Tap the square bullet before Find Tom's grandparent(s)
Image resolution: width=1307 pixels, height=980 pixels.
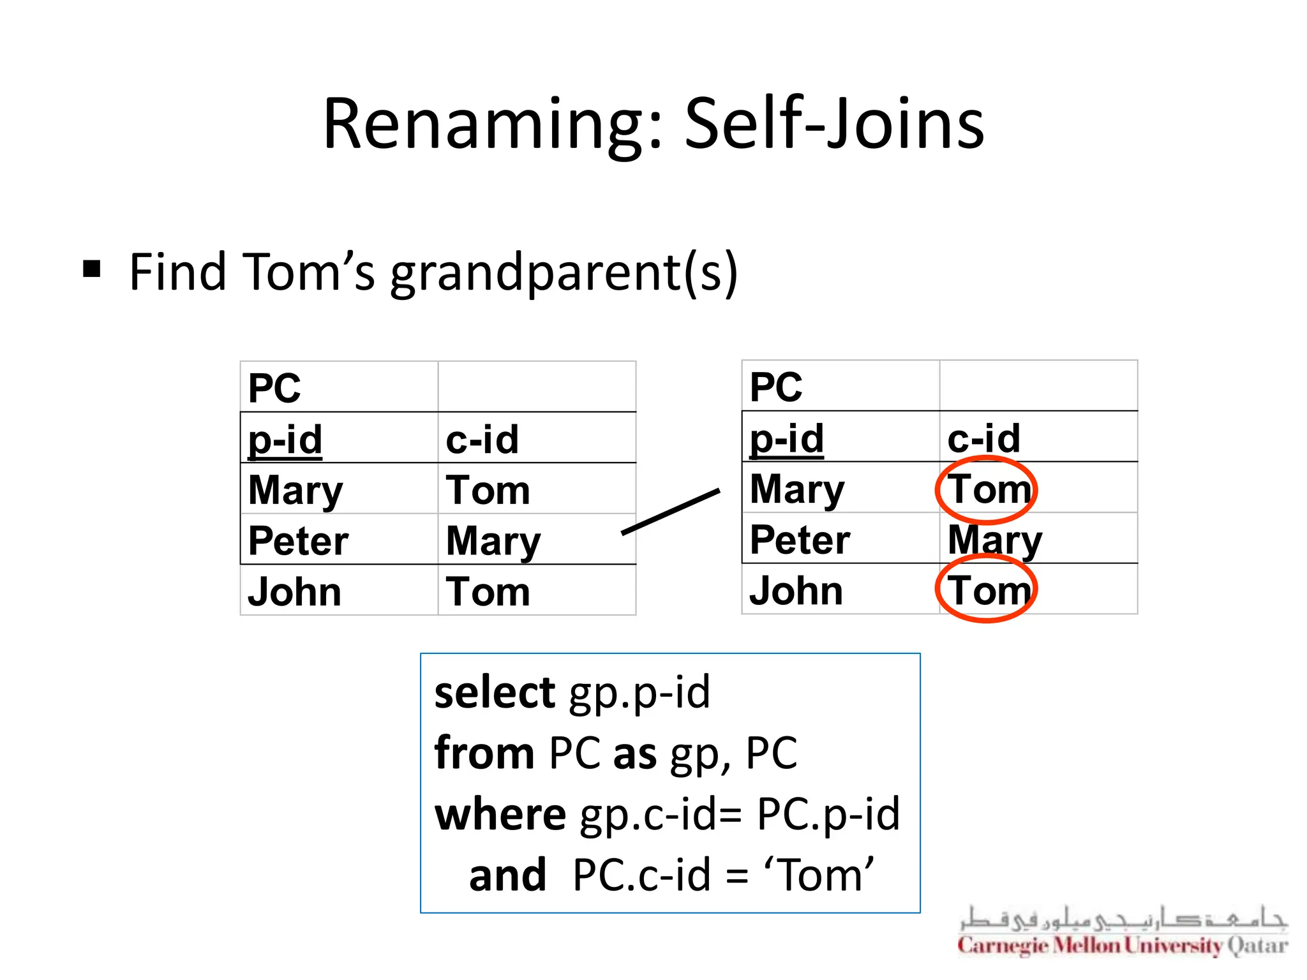93,269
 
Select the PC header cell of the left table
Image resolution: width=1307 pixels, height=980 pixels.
274,388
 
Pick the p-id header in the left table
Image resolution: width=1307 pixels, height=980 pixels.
285,440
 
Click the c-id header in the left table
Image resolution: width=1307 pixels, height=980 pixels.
482,440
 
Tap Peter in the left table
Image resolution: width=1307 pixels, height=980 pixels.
298,541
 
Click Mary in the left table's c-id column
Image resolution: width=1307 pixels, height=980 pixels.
493,541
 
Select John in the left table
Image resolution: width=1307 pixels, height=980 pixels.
294,591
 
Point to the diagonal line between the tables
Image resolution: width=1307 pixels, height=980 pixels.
671,511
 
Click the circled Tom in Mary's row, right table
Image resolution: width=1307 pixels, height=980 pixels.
987,489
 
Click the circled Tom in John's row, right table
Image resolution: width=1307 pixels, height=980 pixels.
987,590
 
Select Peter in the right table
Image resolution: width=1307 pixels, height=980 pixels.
800,540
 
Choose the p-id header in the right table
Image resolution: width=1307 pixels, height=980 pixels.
787,438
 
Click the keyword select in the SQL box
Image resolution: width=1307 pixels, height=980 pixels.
495,692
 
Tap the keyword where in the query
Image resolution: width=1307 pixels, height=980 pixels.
500,814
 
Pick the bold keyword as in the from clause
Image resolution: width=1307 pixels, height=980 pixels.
634,754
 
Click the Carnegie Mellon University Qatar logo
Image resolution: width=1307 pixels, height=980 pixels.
1123,932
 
